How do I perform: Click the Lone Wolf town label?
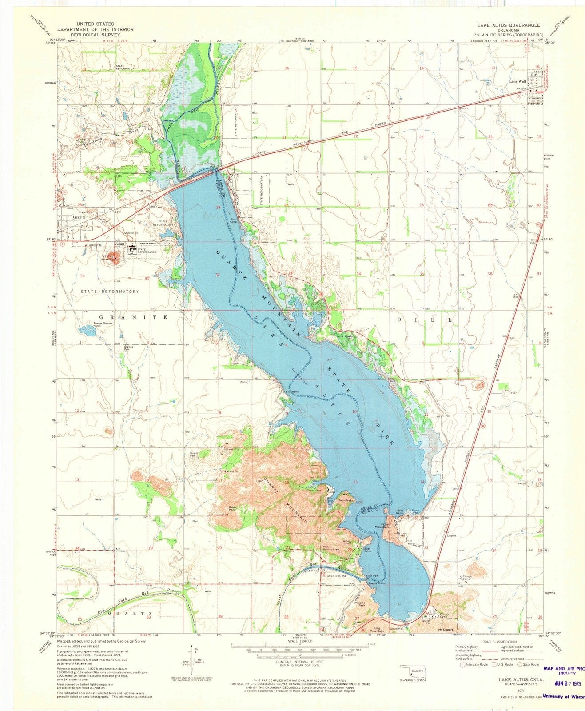point(518,82)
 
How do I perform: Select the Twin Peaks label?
point(345,500)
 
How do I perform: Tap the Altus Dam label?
point(372,576)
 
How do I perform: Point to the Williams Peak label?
point(359,605)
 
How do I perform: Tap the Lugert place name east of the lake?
point(452,535)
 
